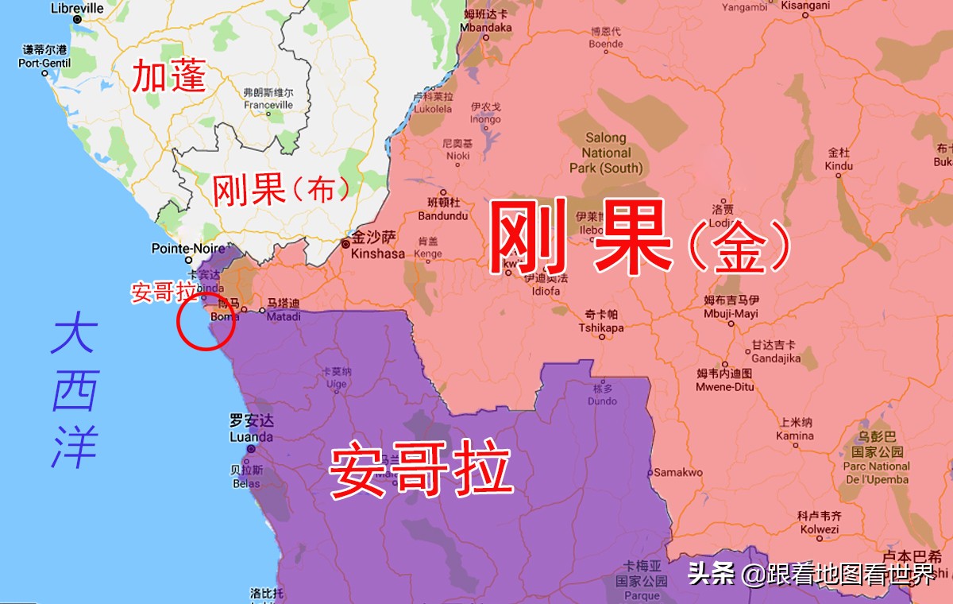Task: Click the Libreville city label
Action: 77,8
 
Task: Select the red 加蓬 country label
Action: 168,76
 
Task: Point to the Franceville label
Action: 268,104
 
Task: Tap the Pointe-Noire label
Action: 189,249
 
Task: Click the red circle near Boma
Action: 205,322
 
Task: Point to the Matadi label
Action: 284,316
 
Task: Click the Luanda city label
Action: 251,436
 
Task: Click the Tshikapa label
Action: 601,327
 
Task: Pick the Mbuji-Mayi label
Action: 731,313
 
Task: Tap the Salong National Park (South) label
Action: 606,153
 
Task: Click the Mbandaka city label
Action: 486,27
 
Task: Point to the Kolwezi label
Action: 819,528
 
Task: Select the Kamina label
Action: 795,436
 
